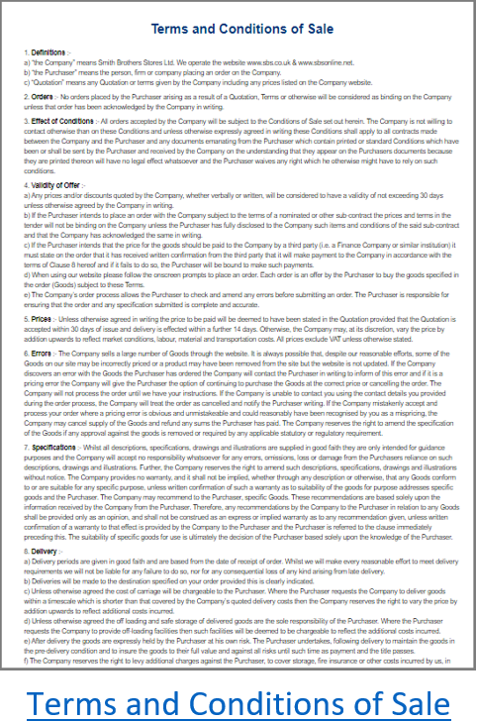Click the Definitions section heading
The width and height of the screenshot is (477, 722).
tap(48, 51)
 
